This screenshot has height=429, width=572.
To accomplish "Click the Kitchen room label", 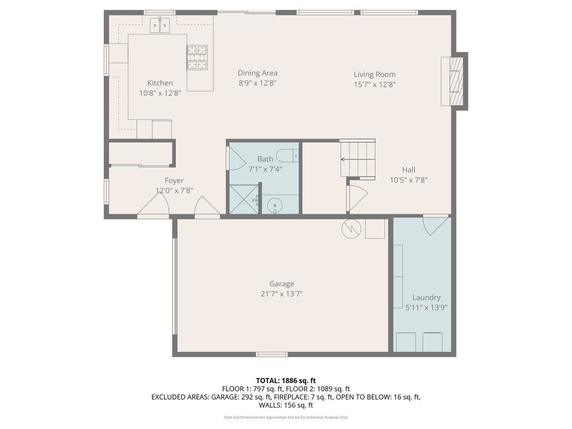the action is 160,83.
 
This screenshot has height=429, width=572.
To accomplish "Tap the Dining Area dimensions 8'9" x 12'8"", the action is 257,83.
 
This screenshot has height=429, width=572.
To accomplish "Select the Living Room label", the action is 374,75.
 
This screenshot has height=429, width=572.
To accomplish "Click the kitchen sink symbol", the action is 160,25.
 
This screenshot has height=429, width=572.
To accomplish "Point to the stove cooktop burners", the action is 197,58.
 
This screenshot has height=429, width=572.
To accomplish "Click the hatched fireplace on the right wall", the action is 456,81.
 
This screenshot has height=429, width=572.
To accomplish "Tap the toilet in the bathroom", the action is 287,156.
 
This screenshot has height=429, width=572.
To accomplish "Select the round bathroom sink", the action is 275,205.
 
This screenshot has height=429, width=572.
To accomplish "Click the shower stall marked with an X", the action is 244,199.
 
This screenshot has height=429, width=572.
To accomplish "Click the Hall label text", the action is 408,170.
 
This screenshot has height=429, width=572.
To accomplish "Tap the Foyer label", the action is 174,181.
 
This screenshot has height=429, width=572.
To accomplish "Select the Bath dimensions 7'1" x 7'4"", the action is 265,169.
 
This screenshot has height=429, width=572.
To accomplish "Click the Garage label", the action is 282,284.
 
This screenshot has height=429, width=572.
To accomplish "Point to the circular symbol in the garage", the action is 351,229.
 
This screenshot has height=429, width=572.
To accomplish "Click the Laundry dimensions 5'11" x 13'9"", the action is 426,307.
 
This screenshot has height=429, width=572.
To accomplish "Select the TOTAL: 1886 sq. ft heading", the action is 286,381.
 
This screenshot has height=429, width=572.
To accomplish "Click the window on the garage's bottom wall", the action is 272,354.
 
